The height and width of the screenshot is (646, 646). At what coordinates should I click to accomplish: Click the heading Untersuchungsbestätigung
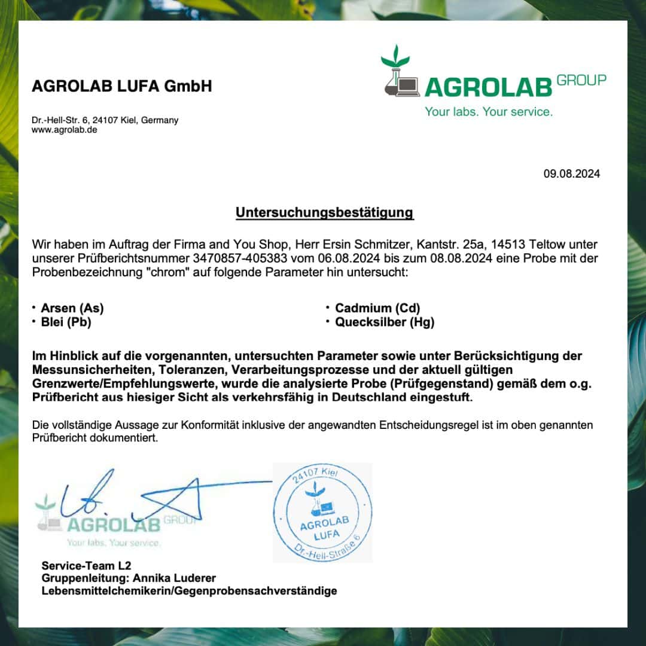[x=324, y=212]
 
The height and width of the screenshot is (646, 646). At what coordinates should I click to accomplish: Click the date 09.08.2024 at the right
[x=571, y=174]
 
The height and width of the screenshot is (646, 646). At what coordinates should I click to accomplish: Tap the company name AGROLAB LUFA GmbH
[x=121, y=87]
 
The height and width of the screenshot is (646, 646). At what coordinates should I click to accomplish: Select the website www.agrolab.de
[x=64, y=129]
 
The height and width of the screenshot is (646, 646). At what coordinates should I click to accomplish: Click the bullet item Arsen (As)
[x=72, y=309]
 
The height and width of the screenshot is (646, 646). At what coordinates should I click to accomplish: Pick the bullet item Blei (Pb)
[x=66, y=322]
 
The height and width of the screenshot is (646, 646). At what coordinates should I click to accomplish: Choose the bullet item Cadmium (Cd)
[x=377, y=309]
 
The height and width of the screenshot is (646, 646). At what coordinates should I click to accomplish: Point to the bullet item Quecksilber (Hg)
[x=385, y=322]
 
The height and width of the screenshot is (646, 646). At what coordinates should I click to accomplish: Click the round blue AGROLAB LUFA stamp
[x=322, y=513]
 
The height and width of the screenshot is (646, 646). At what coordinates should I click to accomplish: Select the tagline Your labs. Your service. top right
[x=489, y=112]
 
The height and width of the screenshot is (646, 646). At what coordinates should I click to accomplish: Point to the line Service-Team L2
[x=86, y=565]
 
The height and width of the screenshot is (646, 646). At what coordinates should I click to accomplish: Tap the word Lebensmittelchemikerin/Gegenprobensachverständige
[x=189, y=591]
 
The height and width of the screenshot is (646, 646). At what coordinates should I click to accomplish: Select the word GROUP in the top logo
[x=581, y=80]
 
